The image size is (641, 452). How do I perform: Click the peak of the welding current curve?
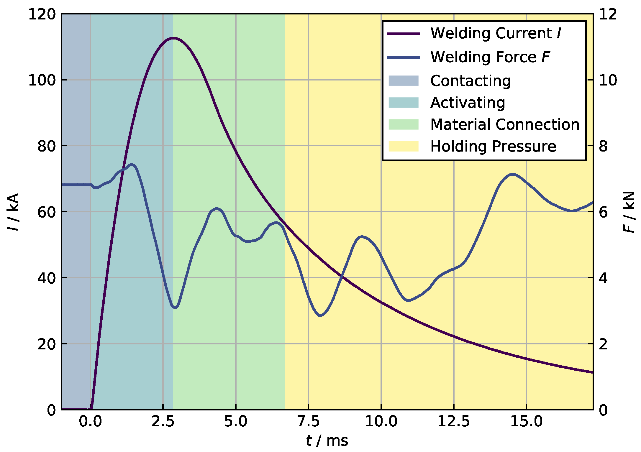point(173,38)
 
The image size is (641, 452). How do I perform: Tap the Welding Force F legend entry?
point(490,57)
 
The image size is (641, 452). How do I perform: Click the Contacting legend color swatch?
point(403,81)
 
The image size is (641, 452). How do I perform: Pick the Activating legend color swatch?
point(403,103)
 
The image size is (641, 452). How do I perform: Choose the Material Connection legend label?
point(505,124)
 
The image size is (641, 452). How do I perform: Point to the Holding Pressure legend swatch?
point(403,146)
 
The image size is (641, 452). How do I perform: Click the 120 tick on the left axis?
point(42,14)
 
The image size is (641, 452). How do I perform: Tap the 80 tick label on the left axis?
point(46,146)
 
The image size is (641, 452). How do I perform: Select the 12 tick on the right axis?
point(608,14)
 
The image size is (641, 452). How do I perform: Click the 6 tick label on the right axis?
point(603,212)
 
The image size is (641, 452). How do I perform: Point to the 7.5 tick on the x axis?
point(309,421)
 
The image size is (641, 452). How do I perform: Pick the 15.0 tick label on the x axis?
point(527,421)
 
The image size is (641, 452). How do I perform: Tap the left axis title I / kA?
point(13,212)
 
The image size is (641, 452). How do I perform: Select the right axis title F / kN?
point(629,212)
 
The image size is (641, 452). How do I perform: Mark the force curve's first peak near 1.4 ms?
point(132,165)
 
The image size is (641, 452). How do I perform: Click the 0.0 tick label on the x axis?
point(90,421)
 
